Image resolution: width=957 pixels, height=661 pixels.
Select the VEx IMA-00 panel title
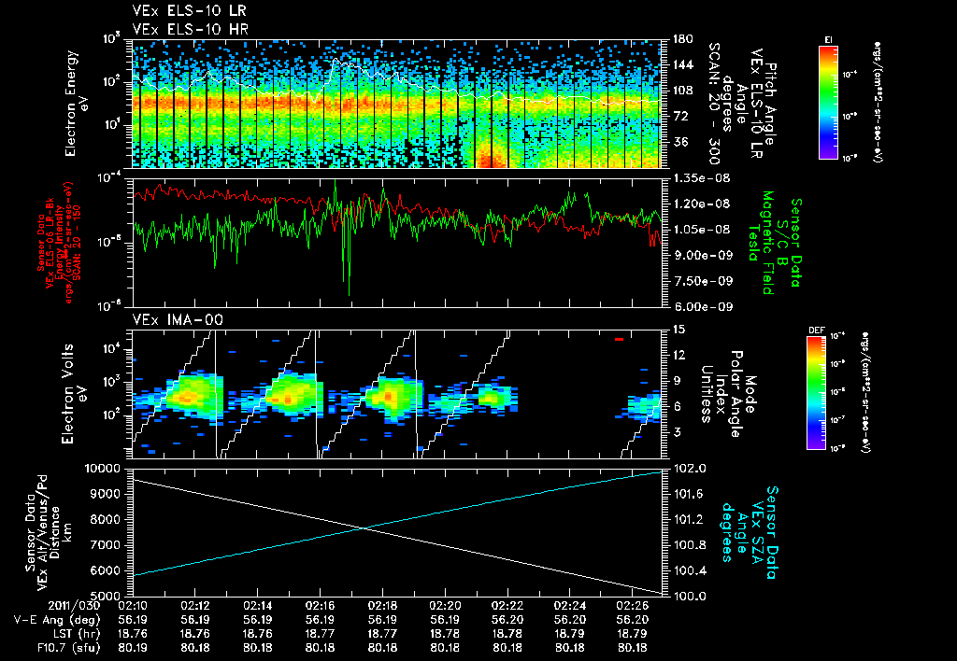pos(169,319)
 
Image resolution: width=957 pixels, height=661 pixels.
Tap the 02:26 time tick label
pos(634,605)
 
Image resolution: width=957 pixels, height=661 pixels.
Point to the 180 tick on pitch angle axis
pos(681,39)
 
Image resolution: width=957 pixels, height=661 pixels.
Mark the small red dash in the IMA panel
pos(619,340)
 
